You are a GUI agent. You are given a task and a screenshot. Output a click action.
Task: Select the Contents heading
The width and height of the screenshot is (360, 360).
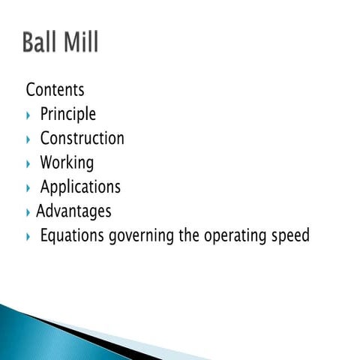55,90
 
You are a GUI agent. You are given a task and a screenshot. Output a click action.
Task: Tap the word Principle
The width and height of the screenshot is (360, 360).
67,115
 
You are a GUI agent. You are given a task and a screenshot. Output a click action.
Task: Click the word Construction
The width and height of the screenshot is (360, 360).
82,139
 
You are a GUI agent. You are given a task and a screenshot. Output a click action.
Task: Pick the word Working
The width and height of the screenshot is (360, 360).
67,163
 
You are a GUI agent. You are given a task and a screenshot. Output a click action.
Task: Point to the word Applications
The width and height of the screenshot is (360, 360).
80,187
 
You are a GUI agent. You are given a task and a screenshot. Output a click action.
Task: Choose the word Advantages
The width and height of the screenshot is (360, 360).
73,211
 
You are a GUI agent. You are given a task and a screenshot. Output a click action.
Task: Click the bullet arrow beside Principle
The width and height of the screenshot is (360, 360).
28,115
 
